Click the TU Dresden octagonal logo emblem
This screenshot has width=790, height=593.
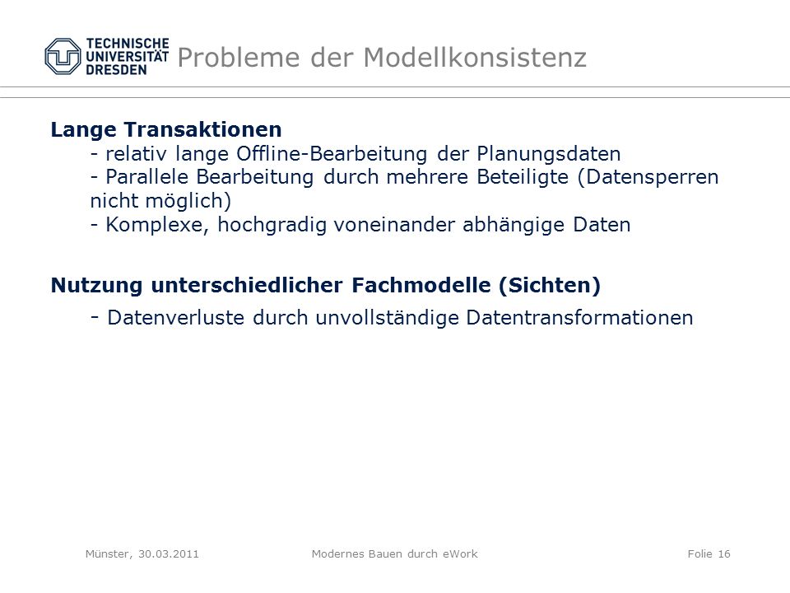tap(63, 57)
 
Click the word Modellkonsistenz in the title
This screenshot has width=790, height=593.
tap(475, 57)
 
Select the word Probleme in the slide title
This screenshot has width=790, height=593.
tap(239, 57)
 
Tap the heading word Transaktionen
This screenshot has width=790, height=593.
tap(202, 129)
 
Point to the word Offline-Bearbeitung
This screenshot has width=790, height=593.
tap(332, 153)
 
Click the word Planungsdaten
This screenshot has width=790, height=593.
tap(549, 154)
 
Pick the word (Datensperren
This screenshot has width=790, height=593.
tap(648, 178)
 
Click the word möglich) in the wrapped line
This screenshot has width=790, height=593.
tap(188, 201)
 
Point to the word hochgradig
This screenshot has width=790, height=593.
tap(272, 225)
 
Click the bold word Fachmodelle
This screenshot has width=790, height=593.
tap(421, 285)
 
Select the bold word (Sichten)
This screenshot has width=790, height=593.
tap(550, 286)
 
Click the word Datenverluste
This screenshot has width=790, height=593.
tap(176, 318)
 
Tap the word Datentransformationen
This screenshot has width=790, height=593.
tap(579, 318)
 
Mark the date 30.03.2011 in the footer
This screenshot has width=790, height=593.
tap(168, 553)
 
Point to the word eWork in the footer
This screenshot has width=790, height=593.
tap(460, 553)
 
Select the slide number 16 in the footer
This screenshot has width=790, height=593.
tap(724, 553)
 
